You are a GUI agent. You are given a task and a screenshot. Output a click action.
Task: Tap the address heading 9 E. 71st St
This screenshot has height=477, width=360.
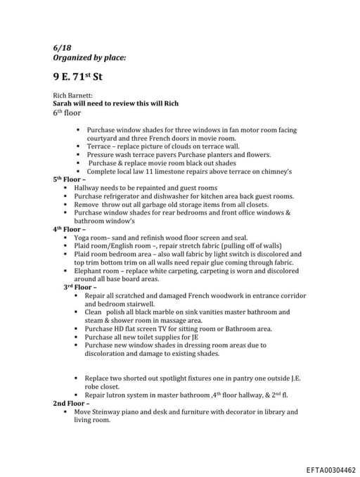[x=82, y=75]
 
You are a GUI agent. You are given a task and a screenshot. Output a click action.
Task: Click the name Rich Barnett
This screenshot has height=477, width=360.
[x=73, y=95]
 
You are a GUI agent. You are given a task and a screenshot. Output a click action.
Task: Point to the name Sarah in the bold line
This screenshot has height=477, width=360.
[x=65, y=103]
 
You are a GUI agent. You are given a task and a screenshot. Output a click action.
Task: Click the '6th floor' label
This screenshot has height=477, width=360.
[x=67, y=113]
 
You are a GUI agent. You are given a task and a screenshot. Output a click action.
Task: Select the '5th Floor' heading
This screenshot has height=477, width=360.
[x=67, y=179]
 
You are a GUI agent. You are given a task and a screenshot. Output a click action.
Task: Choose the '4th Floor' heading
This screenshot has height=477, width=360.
[x=67, y=229]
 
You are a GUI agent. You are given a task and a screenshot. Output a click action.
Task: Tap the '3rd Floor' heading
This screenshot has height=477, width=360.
[x=79, y=287]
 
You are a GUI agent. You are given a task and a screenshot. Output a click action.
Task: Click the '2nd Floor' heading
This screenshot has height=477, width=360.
[x=68, y=403]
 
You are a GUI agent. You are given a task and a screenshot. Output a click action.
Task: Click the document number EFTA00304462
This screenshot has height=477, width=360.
[x=330, y=469]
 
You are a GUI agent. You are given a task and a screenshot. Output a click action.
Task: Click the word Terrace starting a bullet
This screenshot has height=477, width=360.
[x=99, y=146]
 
